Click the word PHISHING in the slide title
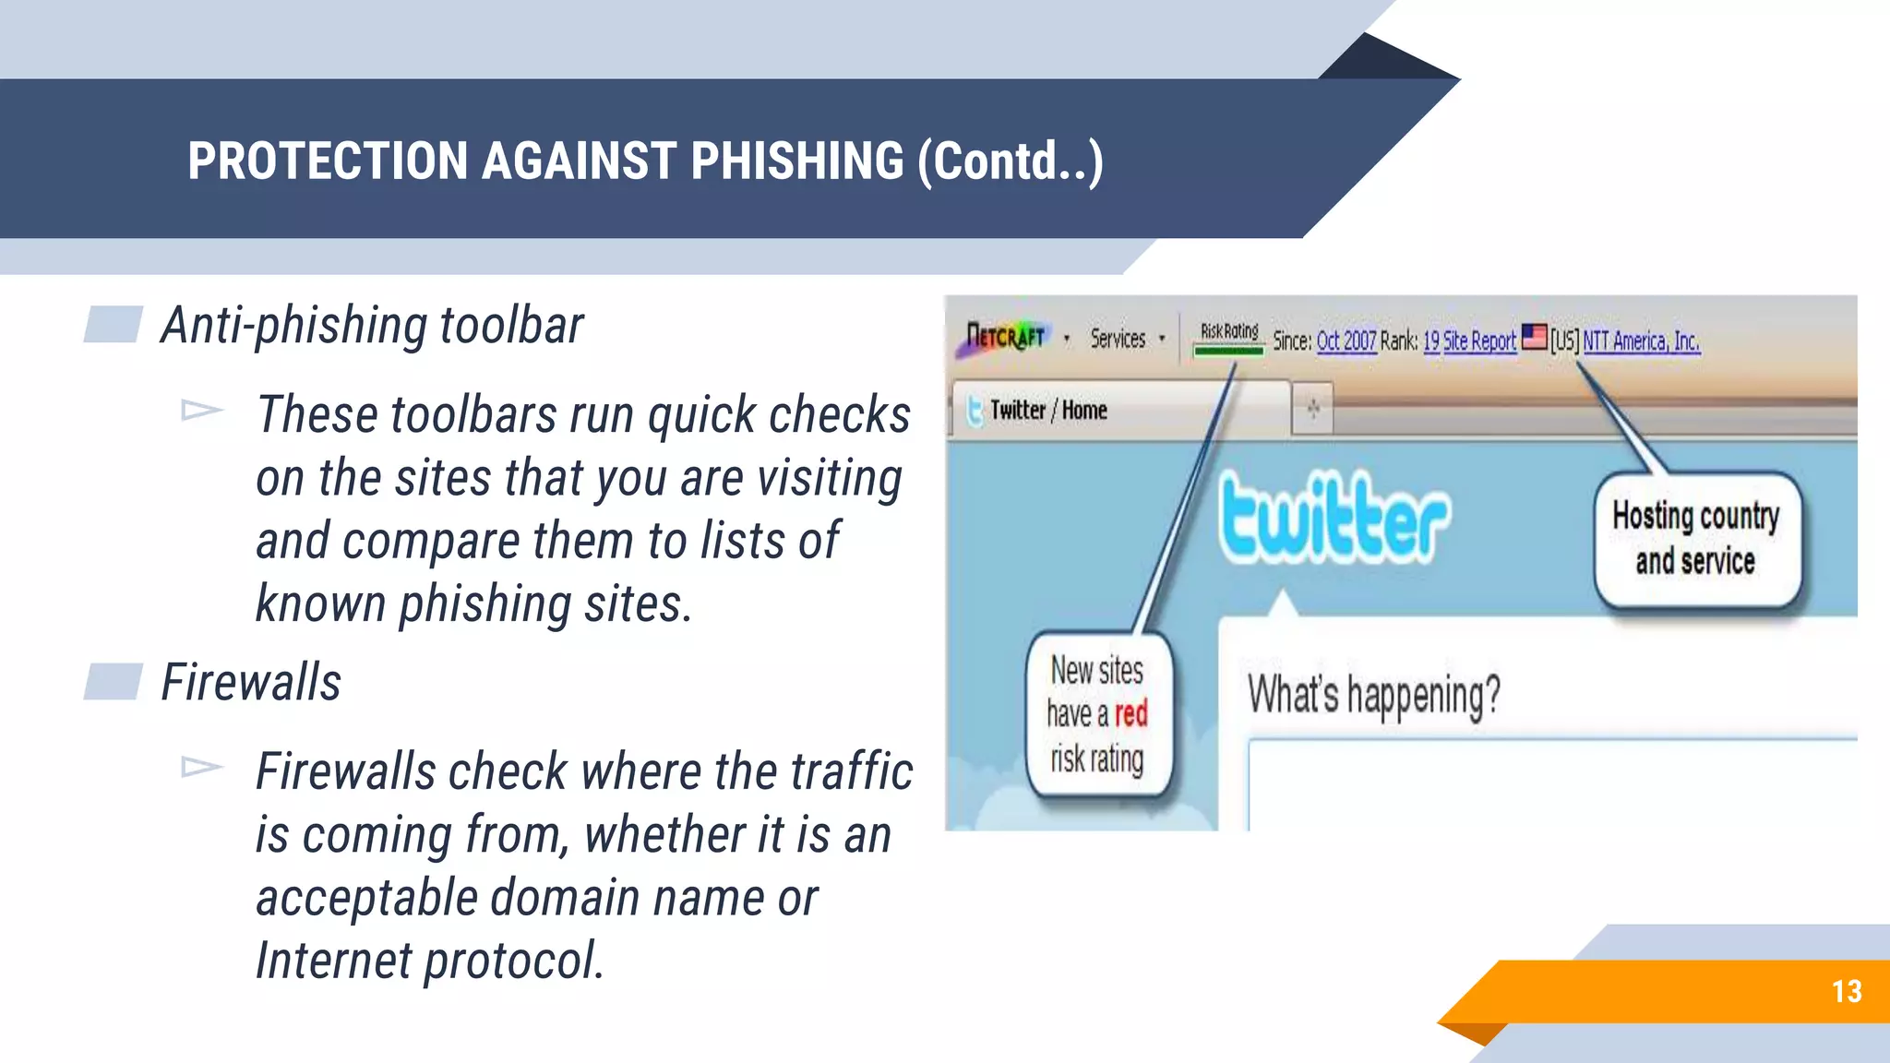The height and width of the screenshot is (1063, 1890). [x=796, y=161]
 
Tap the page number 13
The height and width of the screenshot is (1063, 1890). [x=1847, y=991]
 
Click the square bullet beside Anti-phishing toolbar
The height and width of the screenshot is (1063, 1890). [x=113, y=325]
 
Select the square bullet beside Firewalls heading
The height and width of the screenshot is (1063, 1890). [x=113, y=682]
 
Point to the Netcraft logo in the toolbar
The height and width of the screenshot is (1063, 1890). [x=1004, y=338]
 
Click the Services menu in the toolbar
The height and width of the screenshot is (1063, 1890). [x=1118, y=339]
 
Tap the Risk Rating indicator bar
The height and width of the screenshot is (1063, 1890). [x=1228, y=350]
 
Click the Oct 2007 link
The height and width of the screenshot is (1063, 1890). [x=1346, y=341]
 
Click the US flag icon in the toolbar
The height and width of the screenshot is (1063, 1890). [x=1534, y=337]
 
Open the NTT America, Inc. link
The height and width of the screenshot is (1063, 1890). [x=1641, y=341]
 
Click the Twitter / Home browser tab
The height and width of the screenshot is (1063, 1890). [x=1048, y=410]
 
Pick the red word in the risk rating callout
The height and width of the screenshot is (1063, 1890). [x=1130, y=713]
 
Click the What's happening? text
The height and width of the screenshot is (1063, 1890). [x=1374, y=695]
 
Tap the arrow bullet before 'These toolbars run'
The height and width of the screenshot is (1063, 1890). [x=202, y=410]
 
